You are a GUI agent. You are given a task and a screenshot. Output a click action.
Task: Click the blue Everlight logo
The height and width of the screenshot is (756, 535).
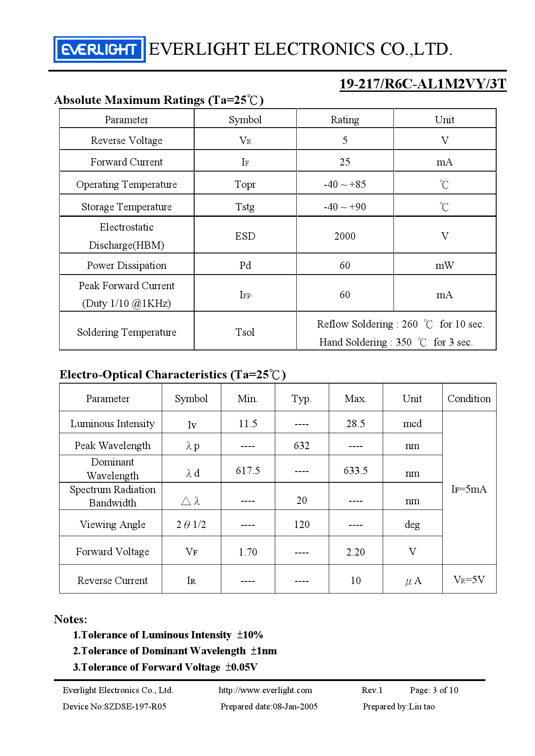point(99,50)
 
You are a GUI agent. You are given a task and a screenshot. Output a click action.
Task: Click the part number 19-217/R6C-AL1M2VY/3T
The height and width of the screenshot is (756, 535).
point(422,84)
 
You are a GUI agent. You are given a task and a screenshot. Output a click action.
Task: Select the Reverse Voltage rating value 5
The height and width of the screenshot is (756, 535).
point(345,141)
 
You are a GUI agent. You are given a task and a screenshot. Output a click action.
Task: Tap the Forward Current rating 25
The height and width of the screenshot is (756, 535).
point(345,162)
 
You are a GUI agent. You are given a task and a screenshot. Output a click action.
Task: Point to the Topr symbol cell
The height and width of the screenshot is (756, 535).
point(245,184)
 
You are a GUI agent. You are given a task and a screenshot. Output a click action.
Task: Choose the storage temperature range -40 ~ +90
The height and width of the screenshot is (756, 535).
point(345,207)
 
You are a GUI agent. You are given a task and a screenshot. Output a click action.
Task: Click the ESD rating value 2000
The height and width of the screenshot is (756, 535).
point(345,236)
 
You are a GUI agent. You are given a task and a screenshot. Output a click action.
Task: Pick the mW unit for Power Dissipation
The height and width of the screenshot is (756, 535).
point(444,266)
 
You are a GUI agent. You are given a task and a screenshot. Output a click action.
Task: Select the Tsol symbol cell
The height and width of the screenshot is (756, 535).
point(245,332)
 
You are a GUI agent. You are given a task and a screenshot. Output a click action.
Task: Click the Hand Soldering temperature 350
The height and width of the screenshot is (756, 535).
point(403,342)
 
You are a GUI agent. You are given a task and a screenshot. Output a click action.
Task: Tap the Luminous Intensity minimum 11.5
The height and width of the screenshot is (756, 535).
point(248,424)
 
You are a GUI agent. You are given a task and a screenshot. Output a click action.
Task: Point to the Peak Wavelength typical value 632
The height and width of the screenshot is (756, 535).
point(302,446)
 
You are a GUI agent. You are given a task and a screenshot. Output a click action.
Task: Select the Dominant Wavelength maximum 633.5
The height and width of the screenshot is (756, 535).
point(356,471)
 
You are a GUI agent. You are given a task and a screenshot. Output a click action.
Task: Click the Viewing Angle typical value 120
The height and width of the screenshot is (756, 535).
point(302,525)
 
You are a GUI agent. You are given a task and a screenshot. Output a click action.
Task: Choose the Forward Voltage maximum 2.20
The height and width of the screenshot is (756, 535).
point(356,552)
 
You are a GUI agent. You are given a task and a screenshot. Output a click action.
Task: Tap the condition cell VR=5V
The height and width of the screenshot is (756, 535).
point(469,580)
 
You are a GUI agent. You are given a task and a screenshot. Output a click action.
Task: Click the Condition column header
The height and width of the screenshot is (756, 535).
point(469,399)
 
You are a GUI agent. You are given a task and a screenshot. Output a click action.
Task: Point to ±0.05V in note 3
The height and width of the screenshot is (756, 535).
point(241,667)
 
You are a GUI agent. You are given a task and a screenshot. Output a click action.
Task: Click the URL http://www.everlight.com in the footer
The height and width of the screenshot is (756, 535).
point(265,690)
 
